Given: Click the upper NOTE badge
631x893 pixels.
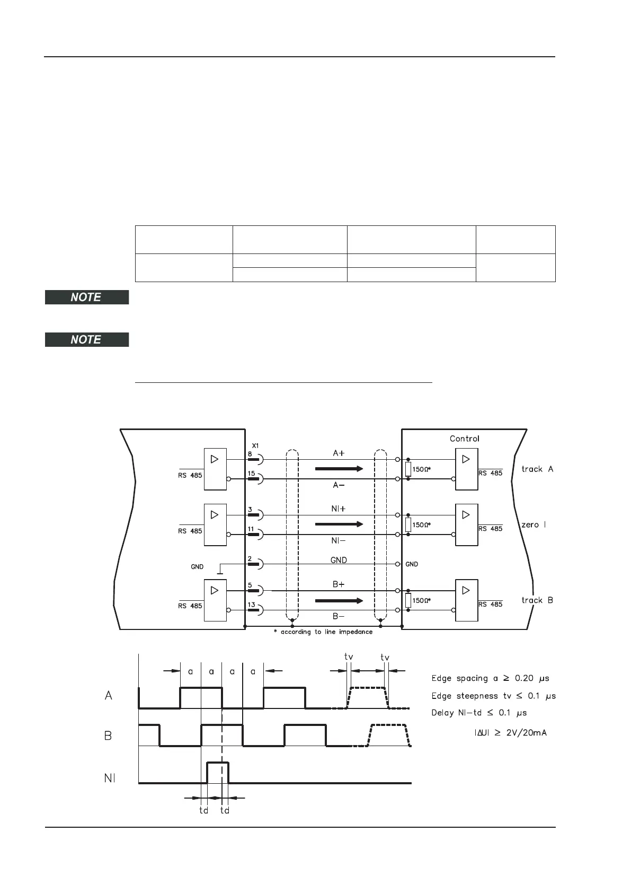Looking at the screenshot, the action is click(x=86, y=297).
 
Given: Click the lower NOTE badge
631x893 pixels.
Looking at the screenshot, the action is click(x=86, y=339).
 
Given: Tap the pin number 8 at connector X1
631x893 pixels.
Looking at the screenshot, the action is click(x=250, y=453).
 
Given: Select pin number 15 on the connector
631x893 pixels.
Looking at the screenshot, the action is click(x=251, y=473).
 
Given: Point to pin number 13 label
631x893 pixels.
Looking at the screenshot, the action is click(x=251, y=605).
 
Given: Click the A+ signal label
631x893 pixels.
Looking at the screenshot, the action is click(x=339, y=453).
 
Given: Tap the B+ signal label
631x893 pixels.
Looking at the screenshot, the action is click(x=339, y=584).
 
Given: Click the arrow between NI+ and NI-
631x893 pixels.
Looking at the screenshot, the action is click(x=339, y=524).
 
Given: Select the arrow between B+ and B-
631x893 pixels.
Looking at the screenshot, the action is click(x=339, y=601).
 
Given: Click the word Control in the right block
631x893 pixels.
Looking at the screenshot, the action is click(x=464, y=439).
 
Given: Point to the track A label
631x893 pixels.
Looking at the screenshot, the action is click(x=537, y=469).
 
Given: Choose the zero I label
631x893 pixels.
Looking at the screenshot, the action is click(x=534, y=524).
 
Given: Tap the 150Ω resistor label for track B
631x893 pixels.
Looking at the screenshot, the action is click(x=421, y=601).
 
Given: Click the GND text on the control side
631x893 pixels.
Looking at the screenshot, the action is click(x=412, y=564).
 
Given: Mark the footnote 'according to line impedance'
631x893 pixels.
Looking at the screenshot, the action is click(x=323, y=632).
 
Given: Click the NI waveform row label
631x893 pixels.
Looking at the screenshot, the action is click(x=110, y=778).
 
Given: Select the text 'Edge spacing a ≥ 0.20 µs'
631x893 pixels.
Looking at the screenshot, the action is click(x=490, y=678).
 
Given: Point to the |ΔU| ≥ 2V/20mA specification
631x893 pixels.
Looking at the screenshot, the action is click(x=510, y=733).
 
